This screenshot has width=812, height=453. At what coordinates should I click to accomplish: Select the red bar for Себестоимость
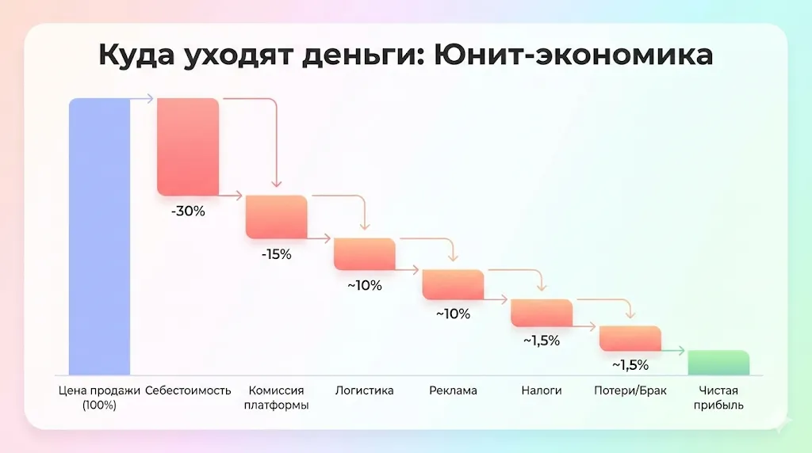[187, 147]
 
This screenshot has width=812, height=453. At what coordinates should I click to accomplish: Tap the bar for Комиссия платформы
[276, 216]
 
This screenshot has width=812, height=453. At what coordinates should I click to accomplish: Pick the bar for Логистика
[364, 253]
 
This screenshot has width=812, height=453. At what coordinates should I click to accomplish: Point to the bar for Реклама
[453, 284]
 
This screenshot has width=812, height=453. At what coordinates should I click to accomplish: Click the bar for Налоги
[541, 313]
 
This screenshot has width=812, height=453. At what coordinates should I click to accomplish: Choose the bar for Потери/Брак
[630, 338]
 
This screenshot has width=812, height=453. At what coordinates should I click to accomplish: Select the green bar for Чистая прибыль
[718, 362]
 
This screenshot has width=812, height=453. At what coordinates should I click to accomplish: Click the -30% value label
[188, 211]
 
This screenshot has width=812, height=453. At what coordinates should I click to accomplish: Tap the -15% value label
[276, 255]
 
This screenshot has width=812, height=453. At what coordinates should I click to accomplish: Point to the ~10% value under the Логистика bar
[365, 286]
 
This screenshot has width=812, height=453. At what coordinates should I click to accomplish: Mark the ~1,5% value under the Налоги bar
[542, 341]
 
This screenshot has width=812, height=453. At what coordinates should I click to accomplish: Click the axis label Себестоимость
[188, 390]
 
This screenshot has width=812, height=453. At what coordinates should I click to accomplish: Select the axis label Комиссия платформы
[276, 398]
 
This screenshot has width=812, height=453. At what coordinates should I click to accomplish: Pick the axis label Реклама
[453, 390]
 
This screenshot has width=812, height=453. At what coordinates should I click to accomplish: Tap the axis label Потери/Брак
[630, 390]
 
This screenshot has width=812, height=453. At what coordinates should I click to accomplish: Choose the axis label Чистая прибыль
[718, 398]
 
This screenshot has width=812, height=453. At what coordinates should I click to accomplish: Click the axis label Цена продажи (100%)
[99, 398]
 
